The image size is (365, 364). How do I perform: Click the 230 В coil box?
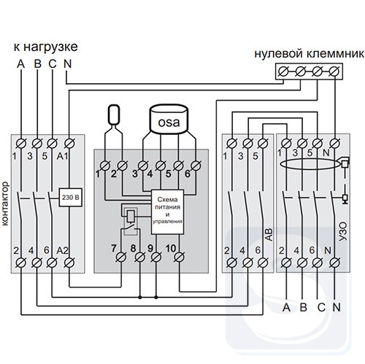coord(70,197)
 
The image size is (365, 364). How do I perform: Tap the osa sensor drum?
coord(169,119)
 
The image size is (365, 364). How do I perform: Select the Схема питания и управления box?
coord(167,212)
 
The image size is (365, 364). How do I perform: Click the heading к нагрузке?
coord(46,47)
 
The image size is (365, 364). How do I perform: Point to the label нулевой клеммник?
coord(310,54)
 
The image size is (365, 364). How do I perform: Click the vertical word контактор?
coord(5,204)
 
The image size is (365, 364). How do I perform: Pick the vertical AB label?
coord(269,235)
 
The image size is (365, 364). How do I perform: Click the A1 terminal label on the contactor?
coord(62,156)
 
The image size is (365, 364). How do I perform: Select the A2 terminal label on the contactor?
coord(62,250)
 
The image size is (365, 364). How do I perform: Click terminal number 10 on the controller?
coord(171,248)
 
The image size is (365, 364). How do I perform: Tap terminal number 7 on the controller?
coord(114,248)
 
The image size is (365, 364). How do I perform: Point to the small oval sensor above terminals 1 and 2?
coord(114,115)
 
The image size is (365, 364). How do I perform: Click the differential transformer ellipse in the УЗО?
coord(310,164)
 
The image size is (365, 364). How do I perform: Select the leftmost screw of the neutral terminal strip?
coord(283,71)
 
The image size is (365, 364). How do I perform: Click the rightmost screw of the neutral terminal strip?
coord(334,71)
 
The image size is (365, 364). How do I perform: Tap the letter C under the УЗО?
coord(321,308)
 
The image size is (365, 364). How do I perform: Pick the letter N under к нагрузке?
coord(67,63)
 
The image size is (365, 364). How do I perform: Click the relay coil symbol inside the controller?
coord(131,216)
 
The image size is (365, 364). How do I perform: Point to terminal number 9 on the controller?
coord(150,248)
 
